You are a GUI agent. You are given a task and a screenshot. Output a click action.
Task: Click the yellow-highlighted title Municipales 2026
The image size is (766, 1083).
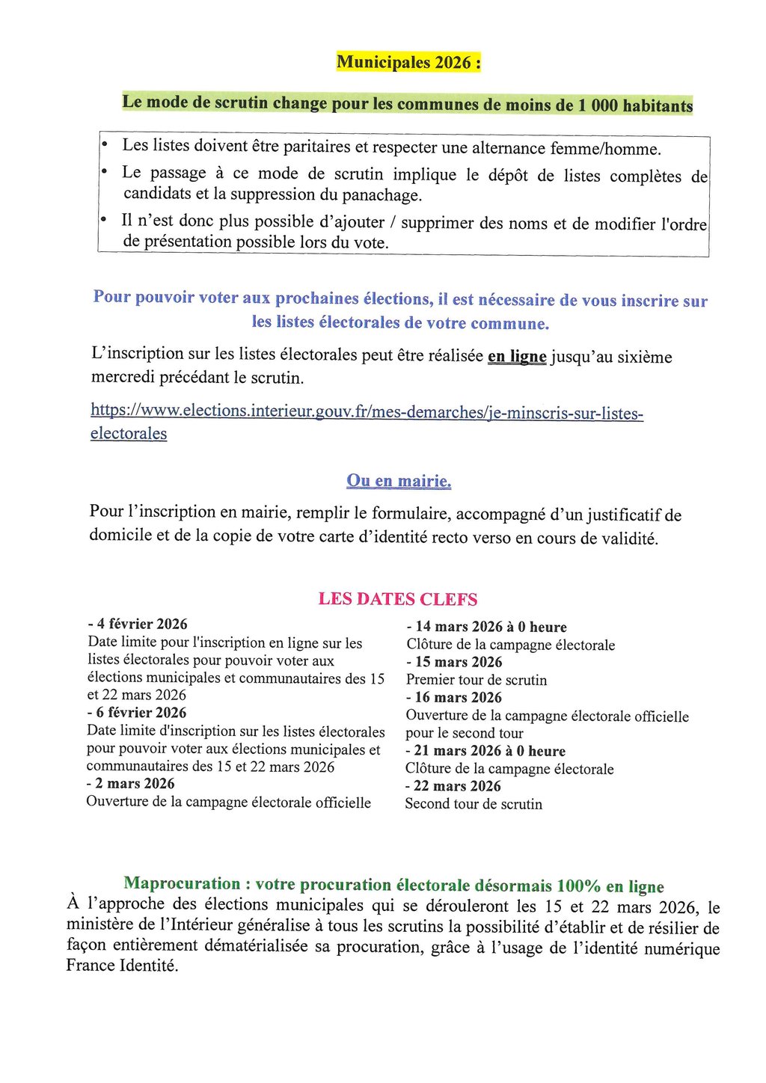(408, 62)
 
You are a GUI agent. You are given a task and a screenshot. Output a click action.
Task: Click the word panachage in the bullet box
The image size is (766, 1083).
(381, 196)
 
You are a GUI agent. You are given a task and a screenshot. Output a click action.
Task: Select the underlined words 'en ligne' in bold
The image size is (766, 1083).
(517, 357)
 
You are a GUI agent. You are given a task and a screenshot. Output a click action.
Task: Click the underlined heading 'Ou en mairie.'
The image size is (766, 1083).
(399, 481)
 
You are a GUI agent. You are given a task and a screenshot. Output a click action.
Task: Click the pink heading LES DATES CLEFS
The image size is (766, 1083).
(397, 599)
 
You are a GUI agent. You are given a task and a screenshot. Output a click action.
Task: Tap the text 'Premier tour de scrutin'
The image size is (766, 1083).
(477, 680)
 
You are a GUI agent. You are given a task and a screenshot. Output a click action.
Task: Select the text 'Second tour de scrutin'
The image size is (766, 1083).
(474, 804)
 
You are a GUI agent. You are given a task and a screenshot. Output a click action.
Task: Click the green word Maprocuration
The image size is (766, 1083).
(183, 883)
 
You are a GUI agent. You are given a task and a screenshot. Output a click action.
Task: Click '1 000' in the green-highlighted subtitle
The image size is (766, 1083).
(598, 105)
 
